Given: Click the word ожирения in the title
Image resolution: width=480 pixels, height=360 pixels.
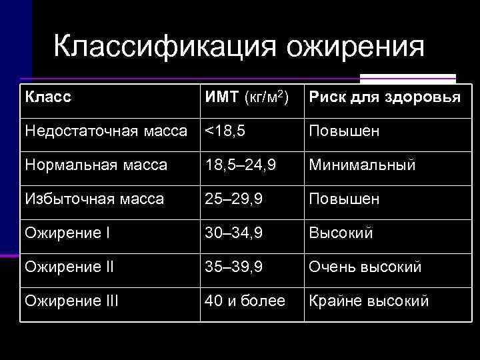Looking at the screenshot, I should (x=357, y=47).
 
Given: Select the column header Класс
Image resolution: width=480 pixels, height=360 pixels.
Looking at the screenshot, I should (x=48, y=97).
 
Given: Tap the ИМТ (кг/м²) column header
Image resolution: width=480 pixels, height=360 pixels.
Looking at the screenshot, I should (x=246, y=97).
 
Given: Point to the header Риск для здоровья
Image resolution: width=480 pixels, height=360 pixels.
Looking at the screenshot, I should (x=383, y=97).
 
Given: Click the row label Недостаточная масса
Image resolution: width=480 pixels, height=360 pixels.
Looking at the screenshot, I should (x=106, y=131).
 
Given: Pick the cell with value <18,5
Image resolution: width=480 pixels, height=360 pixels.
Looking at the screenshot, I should (x=225, y=131).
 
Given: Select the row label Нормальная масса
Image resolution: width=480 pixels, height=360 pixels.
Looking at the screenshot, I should (x=96, y=165).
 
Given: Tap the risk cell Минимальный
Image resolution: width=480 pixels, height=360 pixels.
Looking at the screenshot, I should (x=361, y=165).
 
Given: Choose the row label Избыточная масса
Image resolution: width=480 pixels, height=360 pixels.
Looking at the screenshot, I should (x=94, y=199).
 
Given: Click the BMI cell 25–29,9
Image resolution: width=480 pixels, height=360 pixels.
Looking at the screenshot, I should (x=234, y=199).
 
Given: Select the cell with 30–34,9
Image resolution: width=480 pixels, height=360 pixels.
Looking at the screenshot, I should (x=234, y=233).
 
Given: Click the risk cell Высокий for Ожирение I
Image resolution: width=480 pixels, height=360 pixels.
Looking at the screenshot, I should (x=340, y=233).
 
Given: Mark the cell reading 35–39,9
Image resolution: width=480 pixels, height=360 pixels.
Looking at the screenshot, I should (x=234, y=267).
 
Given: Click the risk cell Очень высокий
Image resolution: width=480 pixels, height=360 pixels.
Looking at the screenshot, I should (x=365, y=267).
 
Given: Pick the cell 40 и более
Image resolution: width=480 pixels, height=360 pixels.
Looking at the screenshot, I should (x=245, y=301).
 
